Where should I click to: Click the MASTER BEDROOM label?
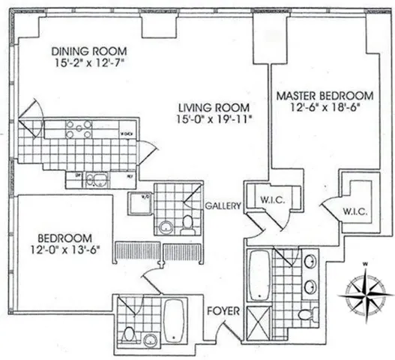[325, 96]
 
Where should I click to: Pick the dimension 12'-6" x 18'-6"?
[325, 109]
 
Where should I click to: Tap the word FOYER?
[222, 308]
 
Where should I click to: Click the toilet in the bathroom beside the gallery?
[186, 221]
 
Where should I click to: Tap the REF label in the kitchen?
[130, 177]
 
